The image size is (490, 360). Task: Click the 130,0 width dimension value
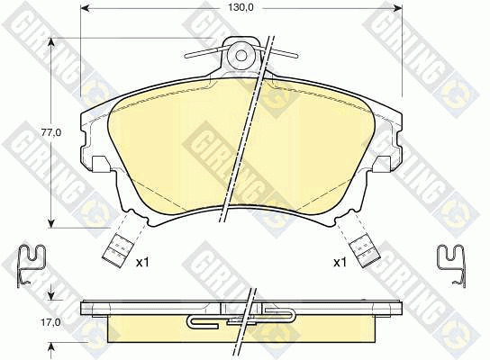pyautogui.click(x=240, y=8)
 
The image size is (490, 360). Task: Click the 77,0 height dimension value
pyautogui.click(x=51, y=132)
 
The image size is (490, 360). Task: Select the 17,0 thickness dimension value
pyautogui.click(x=51, y=322)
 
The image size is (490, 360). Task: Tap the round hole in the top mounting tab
pyautogui.click(x=240, y=56)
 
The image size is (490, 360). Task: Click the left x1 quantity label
pyautogui.click(x=142, y=263)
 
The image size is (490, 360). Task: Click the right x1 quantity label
pyautogui.click(x=340, y=263)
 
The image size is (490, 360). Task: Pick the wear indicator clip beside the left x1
pyautogui.click(x=115, y=249)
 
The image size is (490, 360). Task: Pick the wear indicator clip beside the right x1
pyautogui.click(x=366, y=249)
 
